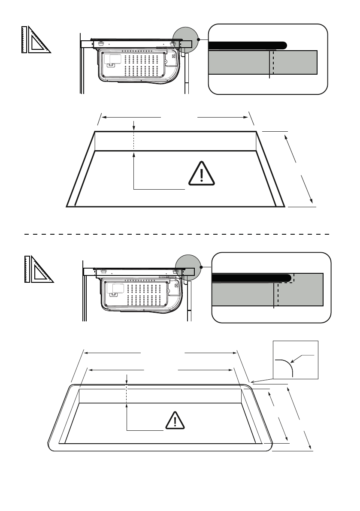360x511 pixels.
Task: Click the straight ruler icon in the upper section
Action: point(24,40)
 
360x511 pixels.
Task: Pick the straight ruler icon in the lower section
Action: point(27,269)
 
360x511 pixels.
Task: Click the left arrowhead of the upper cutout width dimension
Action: point(105,116)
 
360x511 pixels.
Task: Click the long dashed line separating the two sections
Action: point(176,234)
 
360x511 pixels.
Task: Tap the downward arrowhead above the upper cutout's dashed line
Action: point(134,128)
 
